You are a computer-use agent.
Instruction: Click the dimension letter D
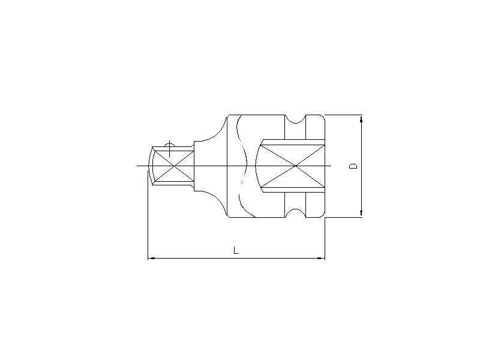(x=354, y=166)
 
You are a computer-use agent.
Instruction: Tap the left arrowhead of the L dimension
(x=151, y=259)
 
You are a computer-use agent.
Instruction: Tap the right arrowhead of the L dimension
(x=321, y=259)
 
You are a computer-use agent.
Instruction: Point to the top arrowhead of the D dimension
(x=361, y=118)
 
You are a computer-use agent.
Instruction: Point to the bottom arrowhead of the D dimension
(x=361, y=212)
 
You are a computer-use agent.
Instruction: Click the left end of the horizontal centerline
(x=138, y=165)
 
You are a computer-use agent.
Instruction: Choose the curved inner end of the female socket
(x=256, y=165)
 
